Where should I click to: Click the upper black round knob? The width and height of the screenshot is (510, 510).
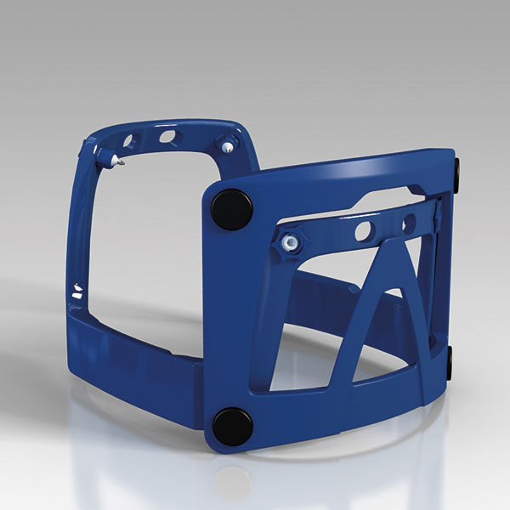[x=231, y=209]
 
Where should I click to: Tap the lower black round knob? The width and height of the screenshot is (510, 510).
[x=232, y=425]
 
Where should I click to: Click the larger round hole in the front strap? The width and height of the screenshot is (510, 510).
[x=363, y=230]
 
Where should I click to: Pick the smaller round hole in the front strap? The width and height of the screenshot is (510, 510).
[x=409, y=224]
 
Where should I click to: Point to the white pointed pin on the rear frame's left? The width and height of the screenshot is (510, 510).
[x=115, y=160]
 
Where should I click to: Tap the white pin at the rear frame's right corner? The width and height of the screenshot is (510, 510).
[x=227, y=147]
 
